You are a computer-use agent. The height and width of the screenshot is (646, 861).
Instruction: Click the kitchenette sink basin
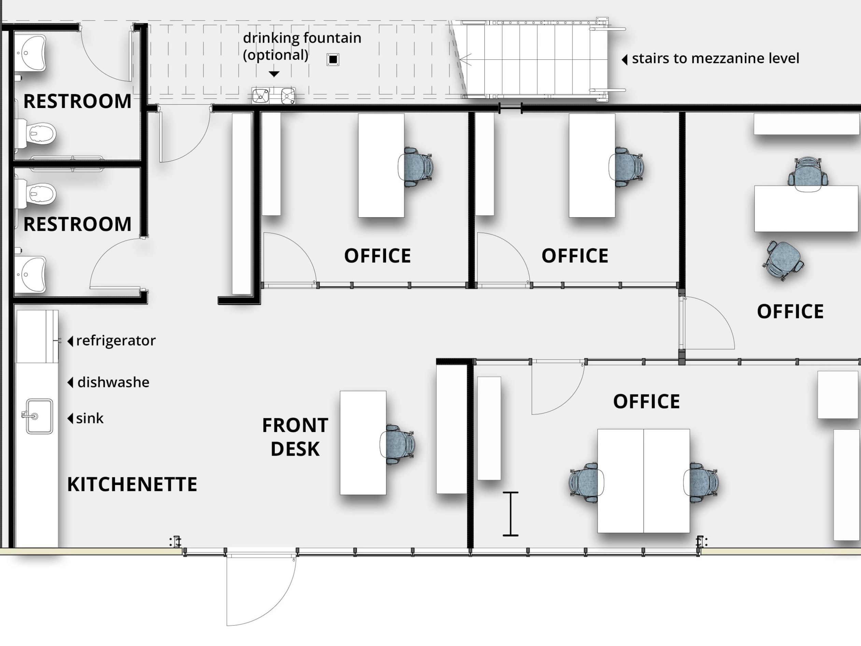[39, 416]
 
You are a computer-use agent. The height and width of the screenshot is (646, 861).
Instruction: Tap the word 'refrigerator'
[116, 340]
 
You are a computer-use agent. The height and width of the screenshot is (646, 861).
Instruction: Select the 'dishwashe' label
[113, 382]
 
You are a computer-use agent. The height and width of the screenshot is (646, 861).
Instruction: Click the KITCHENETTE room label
[132, 484]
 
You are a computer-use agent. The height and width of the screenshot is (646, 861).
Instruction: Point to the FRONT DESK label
[295, 437]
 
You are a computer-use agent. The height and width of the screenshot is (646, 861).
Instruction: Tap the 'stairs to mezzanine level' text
[716, 58]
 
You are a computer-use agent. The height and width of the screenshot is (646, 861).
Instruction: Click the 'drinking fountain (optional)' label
[302, 46]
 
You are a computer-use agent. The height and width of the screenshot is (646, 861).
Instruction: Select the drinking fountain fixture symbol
[273, 95]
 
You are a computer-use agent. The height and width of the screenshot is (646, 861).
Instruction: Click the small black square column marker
[333, 59]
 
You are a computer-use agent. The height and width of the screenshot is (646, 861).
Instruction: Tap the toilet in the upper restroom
[37, 134]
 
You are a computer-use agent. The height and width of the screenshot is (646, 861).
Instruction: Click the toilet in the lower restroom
[37, 194]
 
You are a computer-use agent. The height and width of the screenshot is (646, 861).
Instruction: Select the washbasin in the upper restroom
[31, 53]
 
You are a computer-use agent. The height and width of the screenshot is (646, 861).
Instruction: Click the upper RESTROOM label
[77, 101]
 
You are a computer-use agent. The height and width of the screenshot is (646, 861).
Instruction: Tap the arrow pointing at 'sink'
[70, 418]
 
